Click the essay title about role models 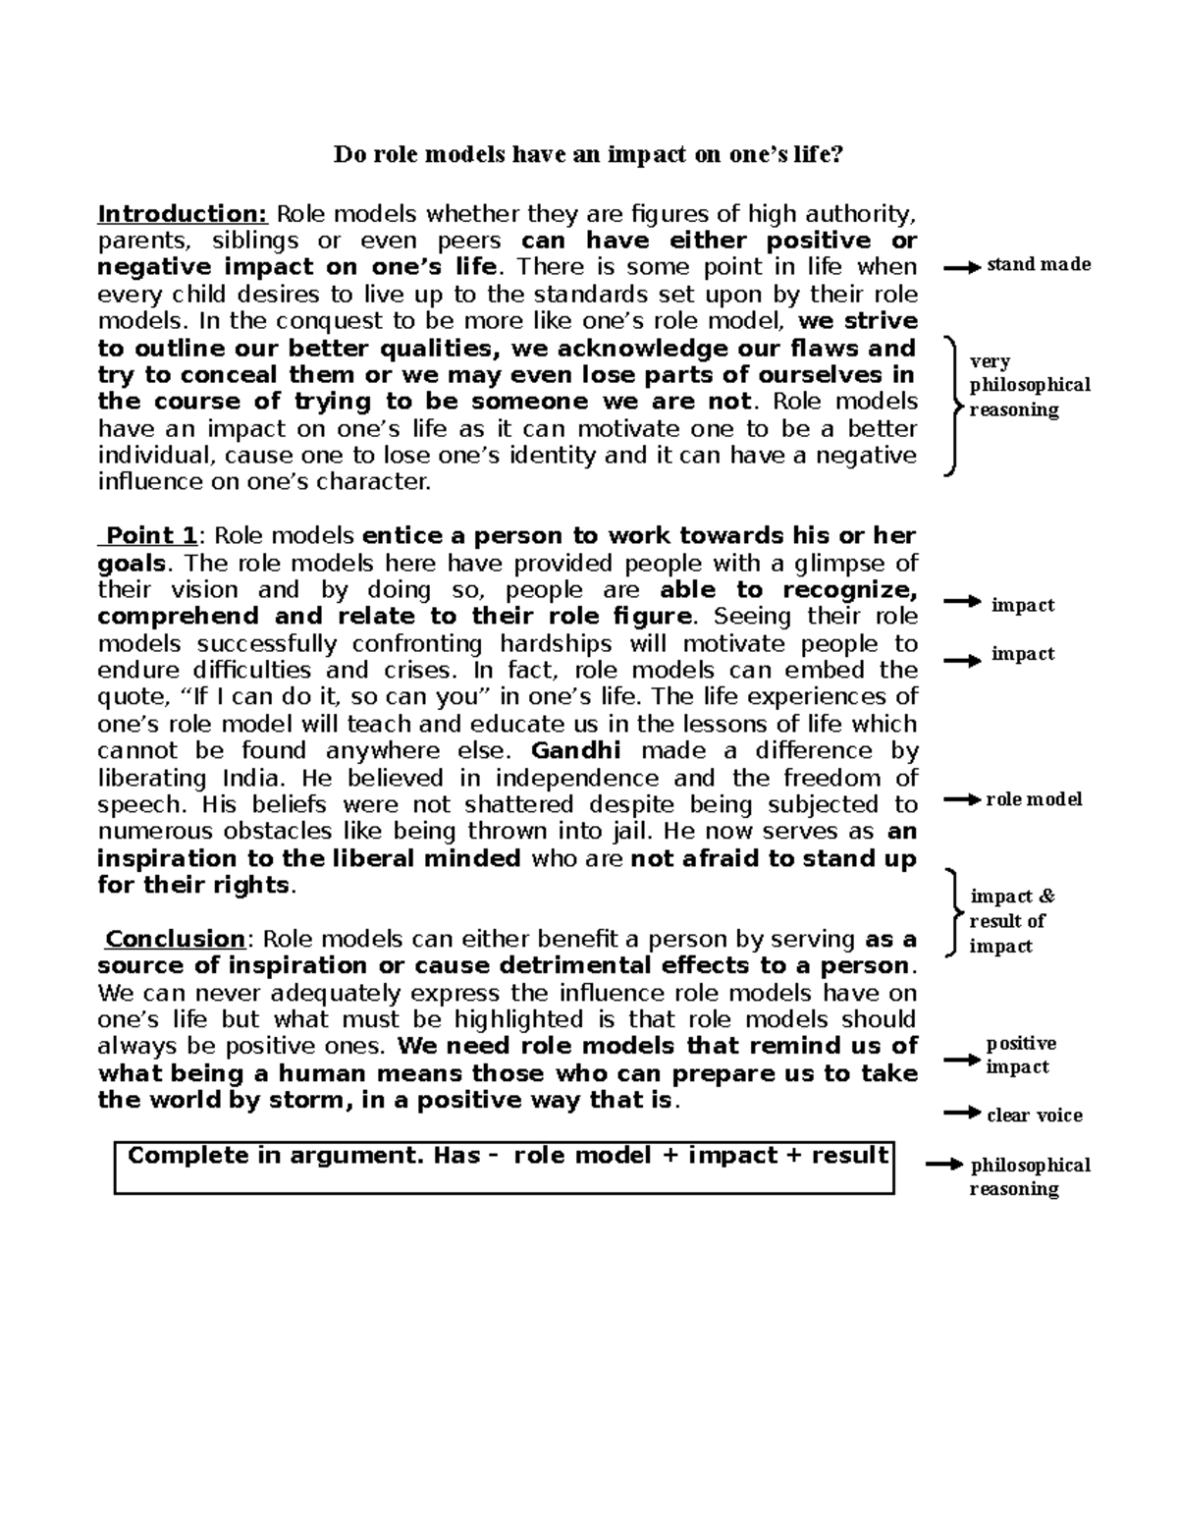click(588, 154)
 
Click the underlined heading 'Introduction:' click(183, 214)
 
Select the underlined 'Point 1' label click(151, 536)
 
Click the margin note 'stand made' click(1039, 264)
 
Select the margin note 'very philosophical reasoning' click(1029, 386)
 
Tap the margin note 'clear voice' click(1034, 1116)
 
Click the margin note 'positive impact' click(1021, 1056)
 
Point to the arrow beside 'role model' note click(962, 800)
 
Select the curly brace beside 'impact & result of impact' click(950, 913)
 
